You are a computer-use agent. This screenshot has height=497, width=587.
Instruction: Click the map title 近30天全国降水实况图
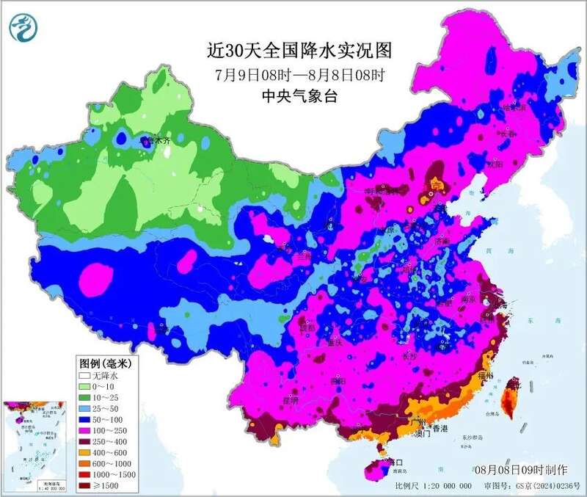tap(299, 51)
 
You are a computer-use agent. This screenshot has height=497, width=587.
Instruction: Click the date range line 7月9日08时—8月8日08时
tap(299, 74)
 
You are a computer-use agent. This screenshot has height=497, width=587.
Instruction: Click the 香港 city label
tap(439, 428)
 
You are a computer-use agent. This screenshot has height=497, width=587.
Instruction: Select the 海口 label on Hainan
tap(397, 463)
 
